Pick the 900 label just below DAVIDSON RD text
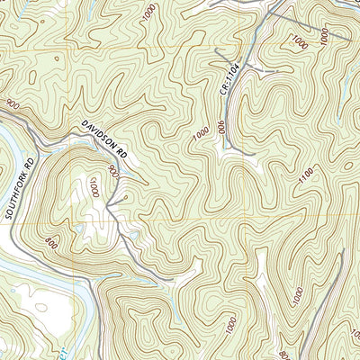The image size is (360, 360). (113, 170)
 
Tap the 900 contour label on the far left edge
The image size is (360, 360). (11, 106)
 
